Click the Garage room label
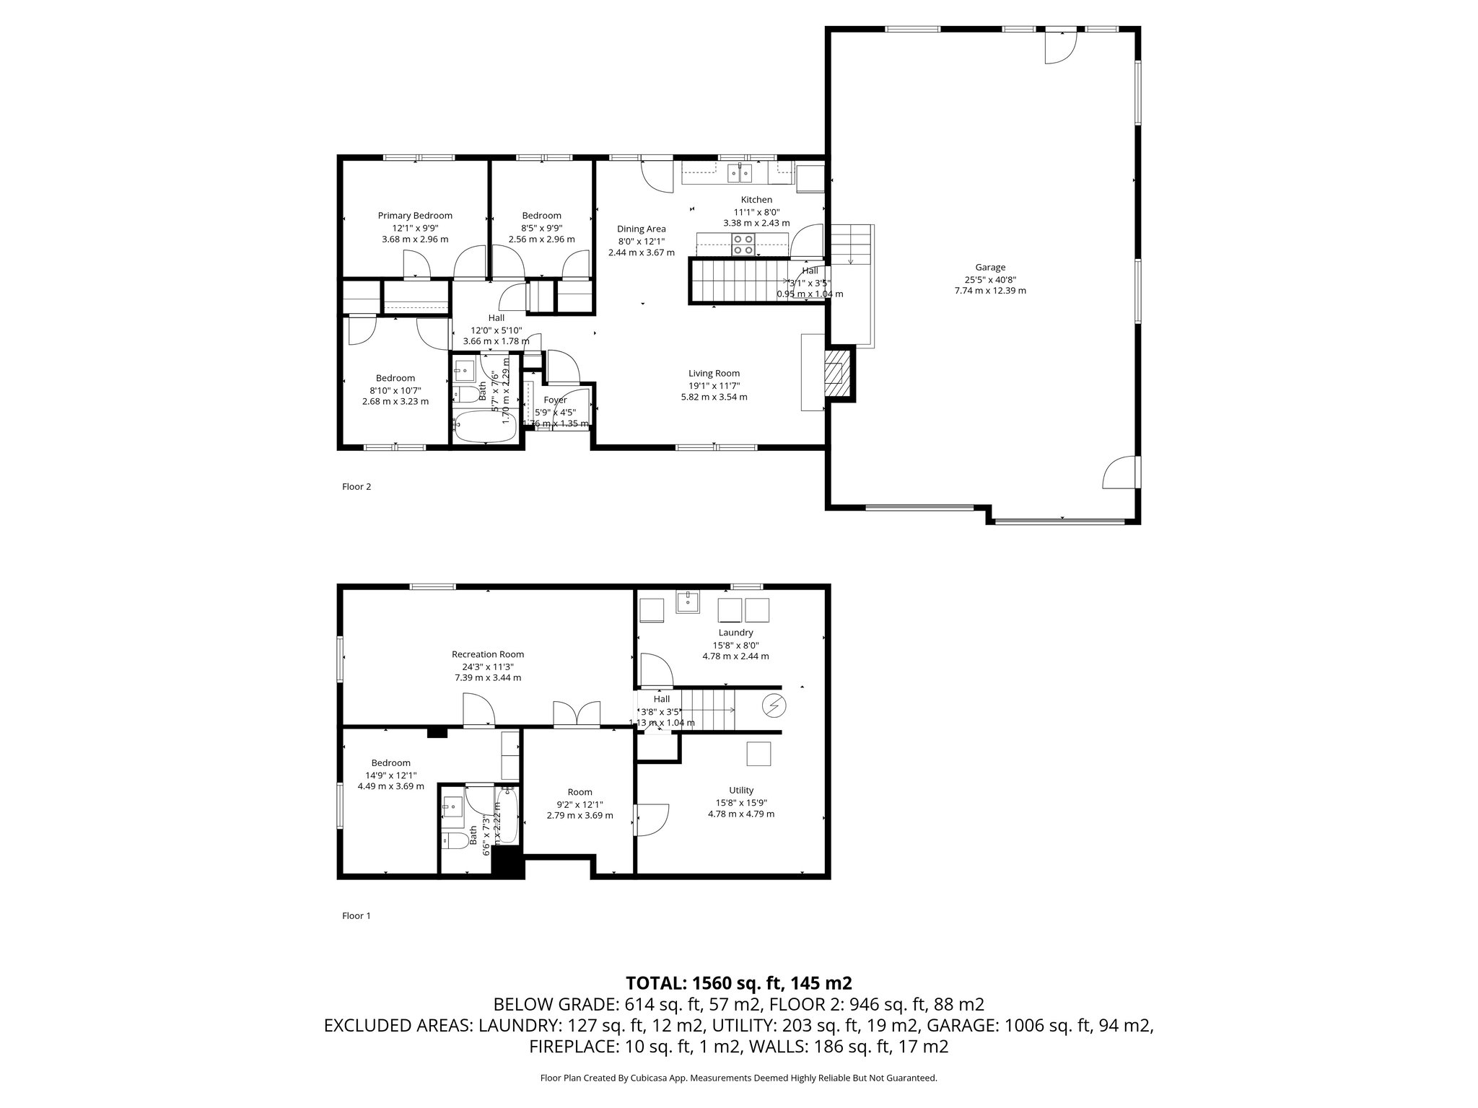tap(989, 267)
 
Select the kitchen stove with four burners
tap(743, 245)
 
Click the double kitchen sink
tap(740, 173)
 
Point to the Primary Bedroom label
tap(415, 215)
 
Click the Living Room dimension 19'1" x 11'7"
tap(714, 385)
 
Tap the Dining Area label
tap(641, 229)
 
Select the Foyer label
tap(555, 400)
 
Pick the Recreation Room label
tap(488, 654)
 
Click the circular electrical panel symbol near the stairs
tap(775, 705)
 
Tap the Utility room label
tap(741, 790)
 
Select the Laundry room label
tap(735, 633)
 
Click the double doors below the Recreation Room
tap(577, 713)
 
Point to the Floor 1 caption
tap(356, 915)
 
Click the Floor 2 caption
tap(356, 486)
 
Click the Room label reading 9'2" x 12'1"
tap(580, 791)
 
